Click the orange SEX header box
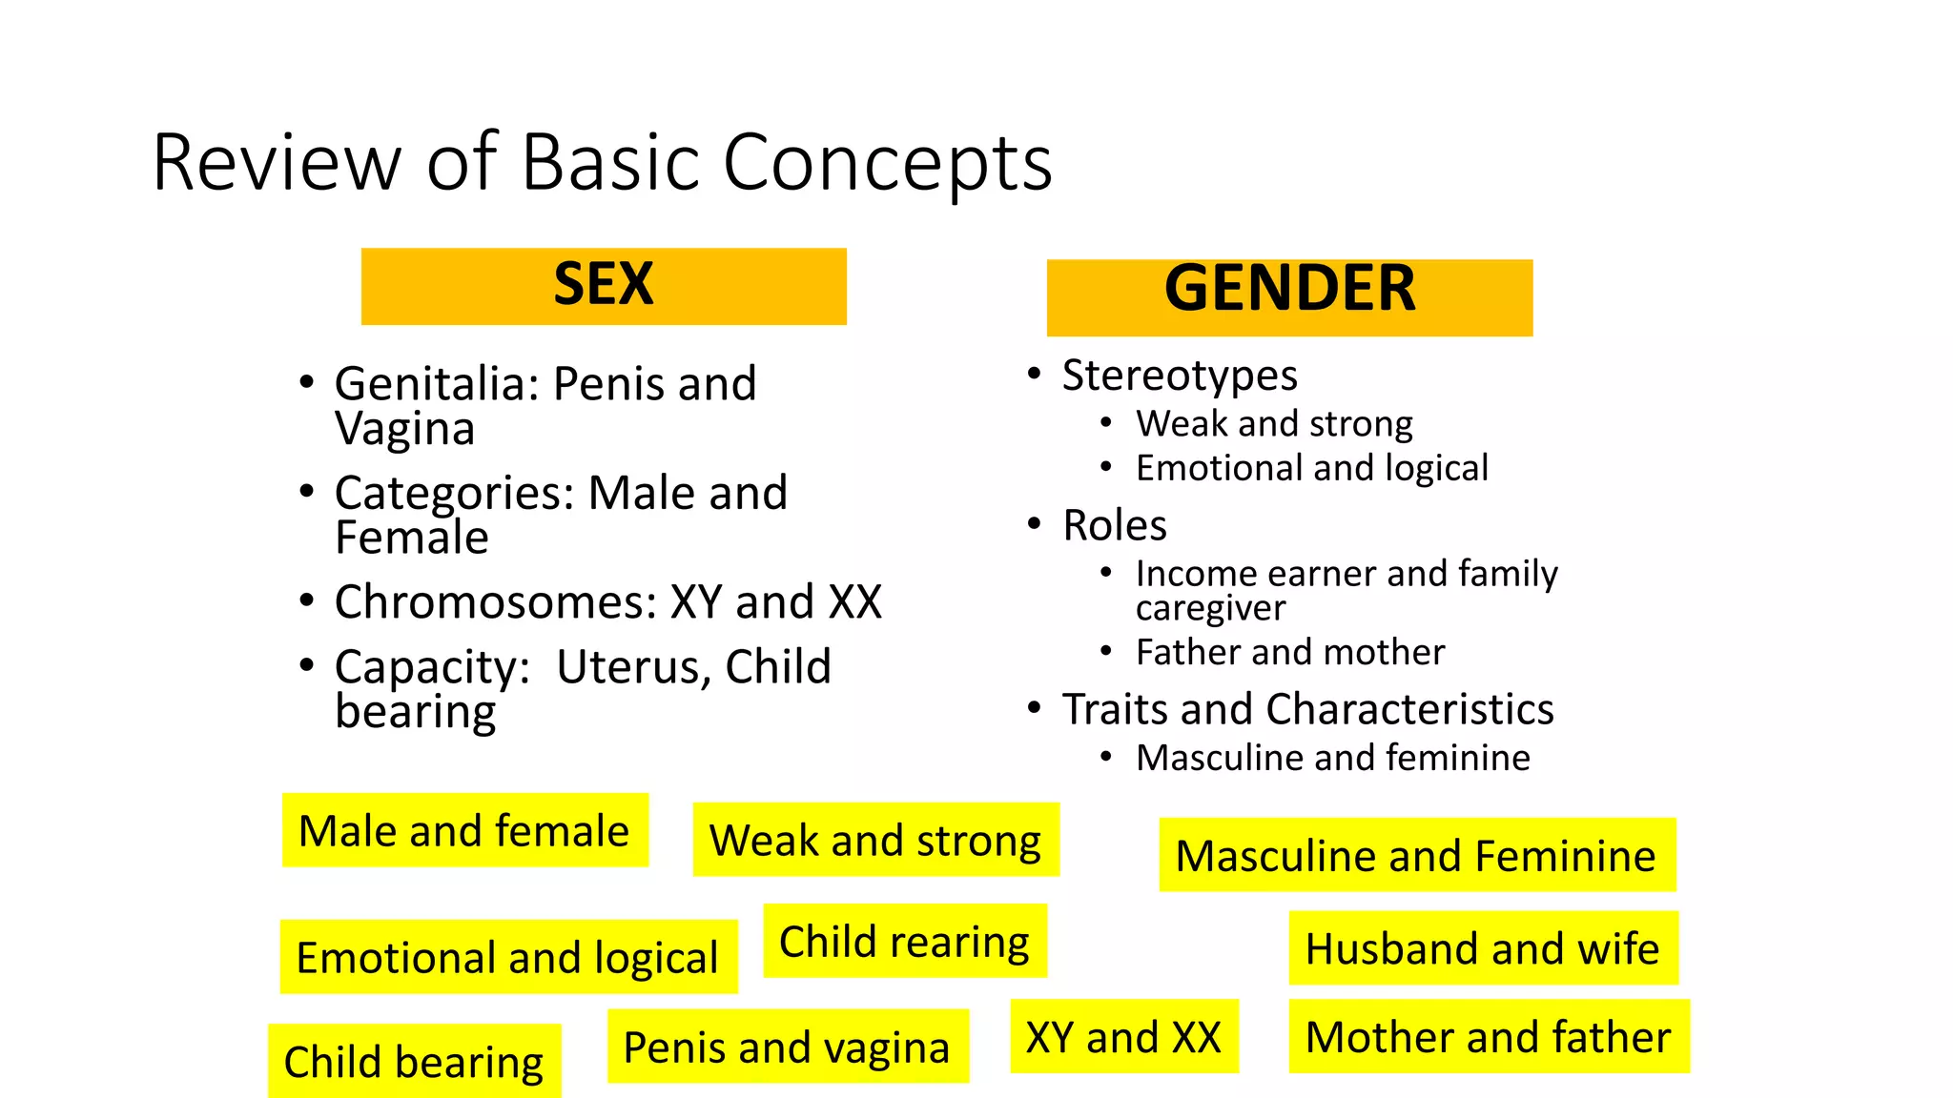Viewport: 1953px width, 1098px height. [603, 286]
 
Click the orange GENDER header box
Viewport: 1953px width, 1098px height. [1289, 297]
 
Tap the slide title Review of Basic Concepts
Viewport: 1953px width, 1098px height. [602, 163]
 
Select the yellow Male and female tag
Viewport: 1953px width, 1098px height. [464, 830]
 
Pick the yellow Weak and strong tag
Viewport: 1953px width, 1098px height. [875, 840]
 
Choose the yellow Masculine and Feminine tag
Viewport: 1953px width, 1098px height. [1416, 855]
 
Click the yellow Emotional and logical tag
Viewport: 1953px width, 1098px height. [507, 957]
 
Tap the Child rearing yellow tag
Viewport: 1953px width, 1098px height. [904, 941]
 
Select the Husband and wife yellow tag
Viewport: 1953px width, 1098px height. [1482, 948]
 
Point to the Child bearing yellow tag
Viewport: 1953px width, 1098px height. [414, 1061]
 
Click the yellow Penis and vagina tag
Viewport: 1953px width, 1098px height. [787, 1047]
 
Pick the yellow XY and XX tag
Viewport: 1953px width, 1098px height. [1123, 1037]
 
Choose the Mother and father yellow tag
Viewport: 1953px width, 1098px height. [1488, 1037]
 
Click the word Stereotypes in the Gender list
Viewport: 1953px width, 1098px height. [1180, 376]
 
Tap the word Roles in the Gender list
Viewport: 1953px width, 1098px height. [1115, 525]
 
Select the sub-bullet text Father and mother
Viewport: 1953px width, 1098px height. [1290, 652]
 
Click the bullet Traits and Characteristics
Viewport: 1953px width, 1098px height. [1307, 709]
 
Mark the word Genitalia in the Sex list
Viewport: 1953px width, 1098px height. [437, 384]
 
